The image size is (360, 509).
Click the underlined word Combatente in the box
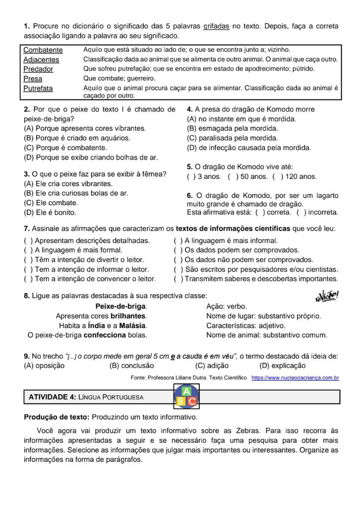point(43,50)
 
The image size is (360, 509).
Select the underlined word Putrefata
point(38,88)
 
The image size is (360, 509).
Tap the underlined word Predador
point(38,69)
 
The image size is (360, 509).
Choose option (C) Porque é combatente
point(65,148)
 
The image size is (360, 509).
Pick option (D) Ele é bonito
point(50,212)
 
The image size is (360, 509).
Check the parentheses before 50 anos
point(232,176)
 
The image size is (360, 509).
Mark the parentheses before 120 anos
point(276,176)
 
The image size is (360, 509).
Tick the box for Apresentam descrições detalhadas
point(28,241)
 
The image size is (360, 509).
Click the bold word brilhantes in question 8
point(128,316)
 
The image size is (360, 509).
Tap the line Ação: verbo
point(226,307)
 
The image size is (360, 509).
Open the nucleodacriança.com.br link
point(295,378)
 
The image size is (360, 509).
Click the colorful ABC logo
point(186,396)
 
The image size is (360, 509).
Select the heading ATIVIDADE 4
point(52,397)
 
